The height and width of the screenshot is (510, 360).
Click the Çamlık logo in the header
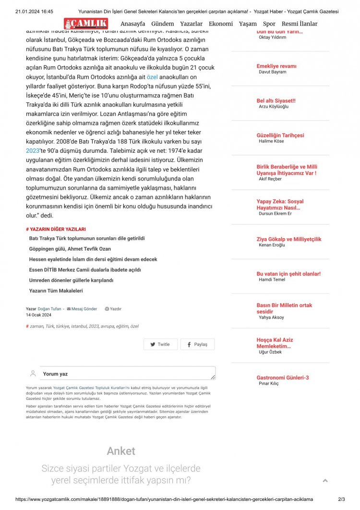pos(86,24)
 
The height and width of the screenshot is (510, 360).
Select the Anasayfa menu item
pos(132,24)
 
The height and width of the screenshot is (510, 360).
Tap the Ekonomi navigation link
pos(221,24)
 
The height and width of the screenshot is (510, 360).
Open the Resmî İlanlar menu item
pos(299,24)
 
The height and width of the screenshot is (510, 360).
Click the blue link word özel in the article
pos(152,77)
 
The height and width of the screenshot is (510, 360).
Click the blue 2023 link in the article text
pos(32,150)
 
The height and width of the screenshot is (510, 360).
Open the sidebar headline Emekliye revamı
pos(276,66)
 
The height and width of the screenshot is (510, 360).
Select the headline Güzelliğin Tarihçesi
pos(280,135)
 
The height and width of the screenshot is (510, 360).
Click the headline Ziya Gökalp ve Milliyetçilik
pos(288,239)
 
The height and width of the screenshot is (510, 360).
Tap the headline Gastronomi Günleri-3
pos(282,377)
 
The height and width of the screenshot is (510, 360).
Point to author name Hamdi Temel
pos(272,279)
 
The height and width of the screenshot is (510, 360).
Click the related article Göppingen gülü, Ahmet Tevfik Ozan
pos(70,249)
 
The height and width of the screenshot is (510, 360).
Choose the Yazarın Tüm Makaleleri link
pos(56,291)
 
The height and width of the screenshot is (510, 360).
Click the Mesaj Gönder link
pos(84,309)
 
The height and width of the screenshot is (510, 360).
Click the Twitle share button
pos(160,344)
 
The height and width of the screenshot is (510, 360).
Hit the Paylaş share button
pos(197,344)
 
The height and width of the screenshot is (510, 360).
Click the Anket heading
pos(121,451)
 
